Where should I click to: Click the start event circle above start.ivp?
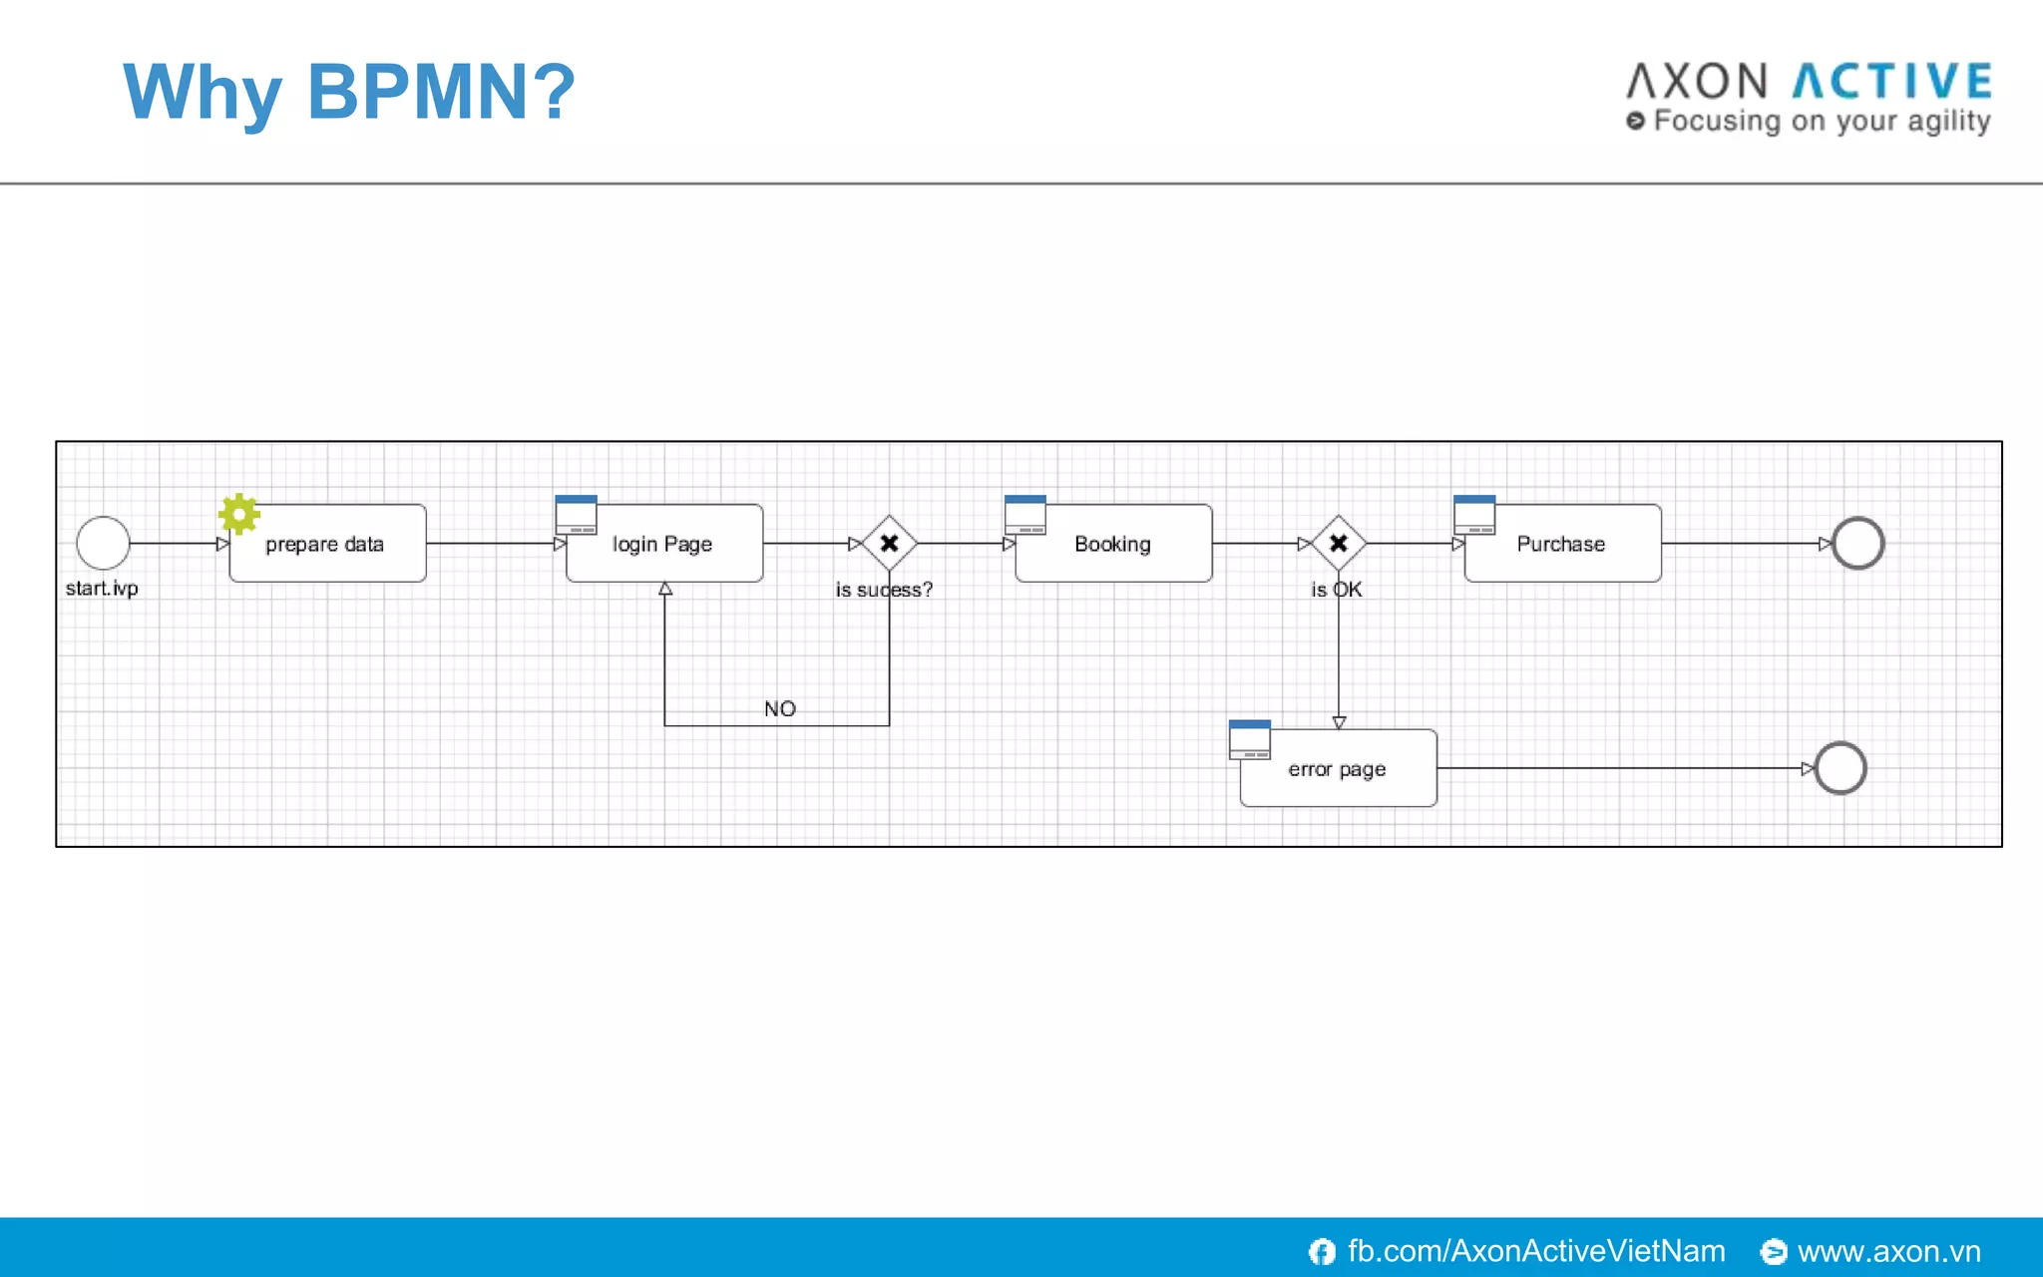coord(103,543)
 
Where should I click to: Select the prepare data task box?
coord(327,544)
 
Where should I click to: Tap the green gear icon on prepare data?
coord(239,514)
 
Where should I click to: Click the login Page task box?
coord(663,544)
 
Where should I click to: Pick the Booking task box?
coord(1113,544)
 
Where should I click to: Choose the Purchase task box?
coord(1562,544)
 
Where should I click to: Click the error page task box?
coord(1338,769)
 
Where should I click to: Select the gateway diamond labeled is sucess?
coord(889,544)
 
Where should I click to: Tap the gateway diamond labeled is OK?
coord(1339,544)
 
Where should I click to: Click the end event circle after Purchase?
coord(1857,544)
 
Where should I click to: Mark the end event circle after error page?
coord(1840,768)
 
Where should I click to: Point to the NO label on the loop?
coord(780,708)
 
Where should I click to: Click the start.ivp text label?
coord(102,589)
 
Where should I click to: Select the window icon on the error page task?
coord(1250,739)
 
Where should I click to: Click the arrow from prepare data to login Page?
coord(494,544)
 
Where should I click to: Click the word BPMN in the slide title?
coord(417,92)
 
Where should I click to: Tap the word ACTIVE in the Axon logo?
coord(1892,82)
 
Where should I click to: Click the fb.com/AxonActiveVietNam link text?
coord(1535,1251)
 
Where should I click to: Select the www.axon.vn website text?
coord(1888,1251)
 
